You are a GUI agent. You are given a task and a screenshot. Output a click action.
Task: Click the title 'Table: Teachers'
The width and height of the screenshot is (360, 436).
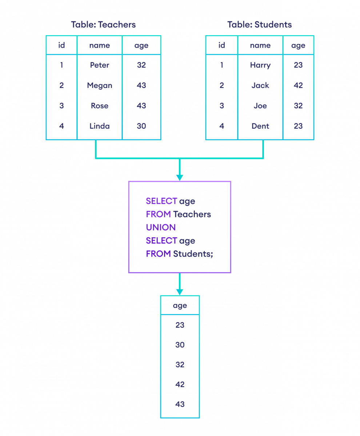click(x=103, y=25)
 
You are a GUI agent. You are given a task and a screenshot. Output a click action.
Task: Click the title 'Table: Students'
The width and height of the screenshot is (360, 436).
click(x=259, y=25)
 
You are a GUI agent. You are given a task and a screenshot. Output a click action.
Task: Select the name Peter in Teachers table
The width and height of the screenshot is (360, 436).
click(x=100, y=65)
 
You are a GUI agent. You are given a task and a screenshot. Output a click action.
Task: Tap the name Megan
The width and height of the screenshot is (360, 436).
click(x=100, y=85)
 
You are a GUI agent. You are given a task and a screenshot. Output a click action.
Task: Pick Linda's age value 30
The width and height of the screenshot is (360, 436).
click(x=141, y=126)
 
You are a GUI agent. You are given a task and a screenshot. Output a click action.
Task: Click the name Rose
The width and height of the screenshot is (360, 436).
click(x=100, y=106)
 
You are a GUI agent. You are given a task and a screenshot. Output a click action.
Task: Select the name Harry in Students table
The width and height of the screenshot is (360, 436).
click(x=260, y=65)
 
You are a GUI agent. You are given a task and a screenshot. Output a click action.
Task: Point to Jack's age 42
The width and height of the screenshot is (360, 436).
click(x=298, y=85)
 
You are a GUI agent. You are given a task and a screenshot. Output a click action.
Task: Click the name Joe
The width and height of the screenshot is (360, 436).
click(x=260, y=106)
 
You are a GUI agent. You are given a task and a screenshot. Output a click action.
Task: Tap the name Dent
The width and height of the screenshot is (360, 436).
click(x=260, y=126)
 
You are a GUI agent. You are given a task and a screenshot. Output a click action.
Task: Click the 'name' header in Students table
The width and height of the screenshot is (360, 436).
click(x=260, y=45)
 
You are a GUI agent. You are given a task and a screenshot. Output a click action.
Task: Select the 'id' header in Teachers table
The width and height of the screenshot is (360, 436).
click(x=61, y=45)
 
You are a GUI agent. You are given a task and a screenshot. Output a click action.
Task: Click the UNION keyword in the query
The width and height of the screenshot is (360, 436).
click(x=161, y=227)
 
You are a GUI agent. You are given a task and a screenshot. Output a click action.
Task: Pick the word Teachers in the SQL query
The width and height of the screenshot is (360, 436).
click(x=192, y=214)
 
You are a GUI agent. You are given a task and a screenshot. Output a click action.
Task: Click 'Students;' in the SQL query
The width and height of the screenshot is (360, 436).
click(x=193, y=254)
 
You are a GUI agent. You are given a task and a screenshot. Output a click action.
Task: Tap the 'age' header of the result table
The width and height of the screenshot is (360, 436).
click(x=180, y=306)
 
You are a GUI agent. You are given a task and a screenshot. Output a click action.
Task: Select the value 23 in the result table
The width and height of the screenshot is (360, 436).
click(x=180, y=325)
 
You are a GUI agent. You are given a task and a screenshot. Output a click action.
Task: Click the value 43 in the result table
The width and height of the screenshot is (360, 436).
click(x=180, y=404)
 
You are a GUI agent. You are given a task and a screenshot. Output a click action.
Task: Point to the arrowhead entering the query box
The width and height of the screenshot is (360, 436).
click(x=180, y=178)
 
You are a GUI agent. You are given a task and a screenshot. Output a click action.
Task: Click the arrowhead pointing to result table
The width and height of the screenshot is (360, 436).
click(x=180, y=292)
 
